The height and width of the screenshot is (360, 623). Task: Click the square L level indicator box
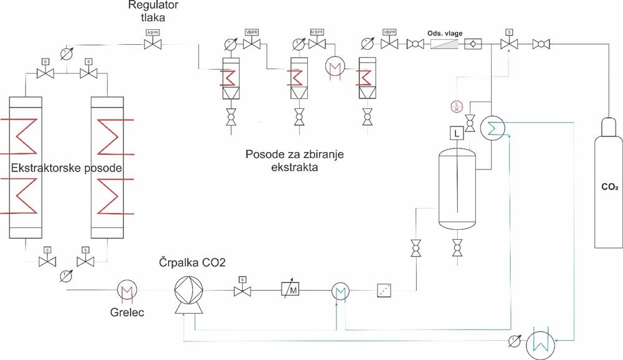456,133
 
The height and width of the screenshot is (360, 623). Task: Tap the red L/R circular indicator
456,106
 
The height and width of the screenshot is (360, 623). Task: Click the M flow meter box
291,290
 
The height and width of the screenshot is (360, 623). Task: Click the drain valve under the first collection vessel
231,116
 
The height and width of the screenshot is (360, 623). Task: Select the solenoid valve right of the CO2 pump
242,290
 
